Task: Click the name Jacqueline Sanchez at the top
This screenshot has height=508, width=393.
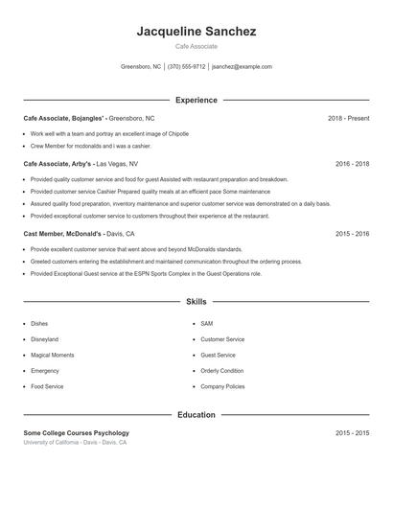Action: click(x=196, y=32)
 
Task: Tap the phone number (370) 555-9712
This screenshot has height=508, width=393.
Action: click(x=186, y=67)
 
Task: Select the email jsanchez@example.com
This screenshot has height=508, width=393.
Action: click(x=242, y=67)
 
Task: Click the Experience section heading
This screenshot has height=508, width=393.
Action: click(x=196, y=100)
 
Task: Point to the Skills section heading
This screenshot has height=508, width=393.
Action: click(x=196, y=302)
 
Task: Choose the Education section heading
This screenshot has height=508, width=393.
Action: click(x=196, y=415)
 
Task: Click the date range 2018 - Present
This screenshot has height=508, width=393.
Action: click(x=348, y=118)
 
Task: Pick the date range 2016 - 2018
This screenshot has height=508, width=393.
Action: click(x=352, y=164)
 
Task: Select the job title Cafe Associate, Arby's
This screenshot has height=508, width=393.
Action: click(x=58, y=164)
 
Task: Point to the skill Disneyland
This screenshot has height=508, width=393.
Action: click(x=44, y=339)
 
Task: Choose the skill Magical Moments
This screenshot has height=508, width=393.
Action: click(x=52, y=355)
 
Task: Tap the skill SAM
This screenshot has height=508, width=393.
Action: click(x=207, y=324)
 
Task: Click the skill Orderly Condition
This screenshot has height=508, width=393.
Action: click(x=221, y=370)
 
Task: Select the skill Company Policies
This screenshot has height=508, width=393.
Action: click(x=222, y=386)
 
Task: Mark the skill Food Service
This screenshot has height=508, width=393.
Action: click(x=47, y=386)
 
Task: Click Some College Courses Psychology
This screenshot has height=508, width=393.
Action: click(x=76, y=433)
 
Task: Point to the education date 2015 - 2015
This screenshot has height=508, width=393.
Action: click(x=352, y=433)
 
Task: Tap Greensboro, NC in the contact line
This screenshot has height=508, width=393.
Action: click(x=141, y=67)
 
